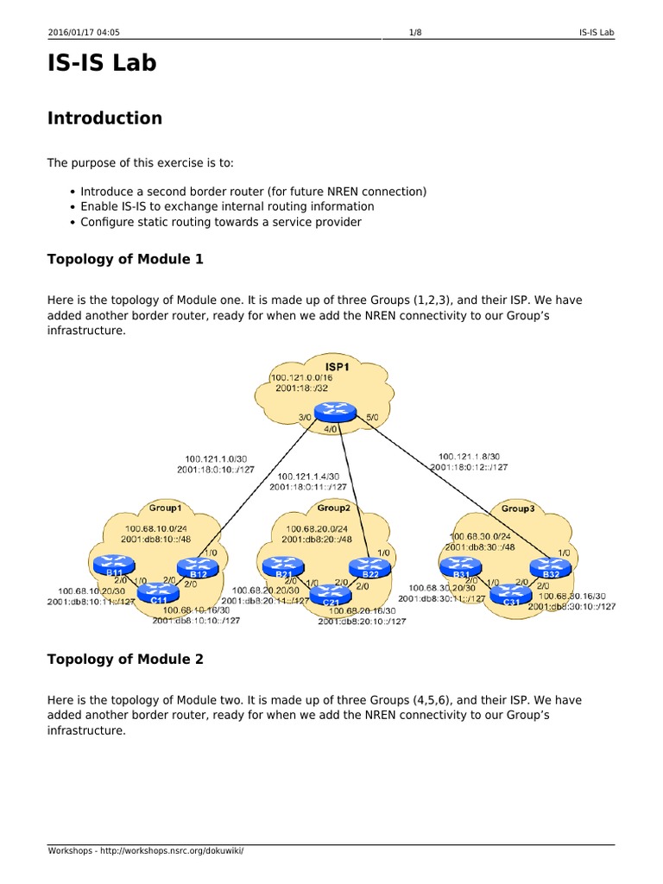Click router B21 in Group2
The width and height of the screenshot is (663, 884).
point(281,567)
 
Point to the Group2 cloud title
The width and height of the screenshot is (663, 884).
point(332,508)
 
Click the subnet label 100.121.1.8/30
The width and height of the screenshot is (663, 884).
point(469,456)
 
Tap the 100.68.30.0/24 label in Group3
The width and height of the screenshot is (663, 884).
point(480,535)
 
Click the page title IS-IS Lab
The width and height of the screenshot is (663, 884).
point(102,63)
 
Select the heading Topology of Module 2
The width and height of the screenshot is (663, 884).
point(125,660)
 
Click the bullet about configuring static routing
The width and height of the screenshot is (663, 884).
point(221,222)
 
